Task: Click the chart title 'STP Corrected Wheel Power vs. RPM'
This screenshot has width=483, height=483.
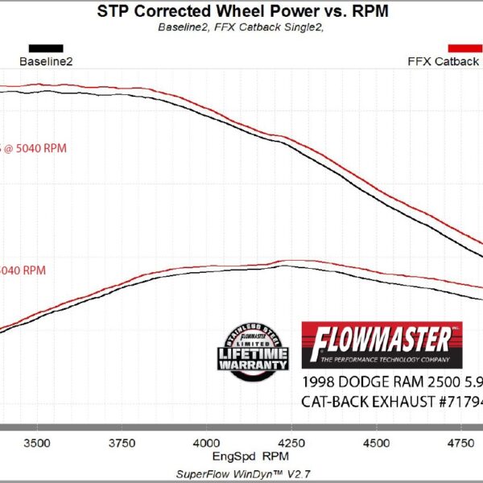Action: (241, 11)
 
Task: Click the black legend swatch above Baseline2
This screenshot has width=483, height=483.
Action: (46, 48)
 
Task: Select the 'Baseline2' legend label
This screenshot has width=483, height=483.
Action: (46, 61)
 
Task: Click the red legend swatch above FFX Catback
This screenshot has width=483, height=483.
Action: (465, 48)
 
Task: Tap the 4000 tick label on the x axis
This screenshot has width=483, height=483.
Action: (207, 442)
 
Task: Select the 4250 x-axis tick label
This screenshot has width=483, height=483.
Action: (291, 442)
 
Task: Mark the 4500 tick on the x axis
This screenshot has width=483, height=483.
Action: (377, 442)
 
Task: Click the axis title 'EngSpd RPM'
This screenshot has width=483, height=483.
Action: (242, 456)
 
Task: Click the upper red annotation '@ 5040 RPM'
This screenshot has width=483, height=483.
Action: (35, 148)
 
